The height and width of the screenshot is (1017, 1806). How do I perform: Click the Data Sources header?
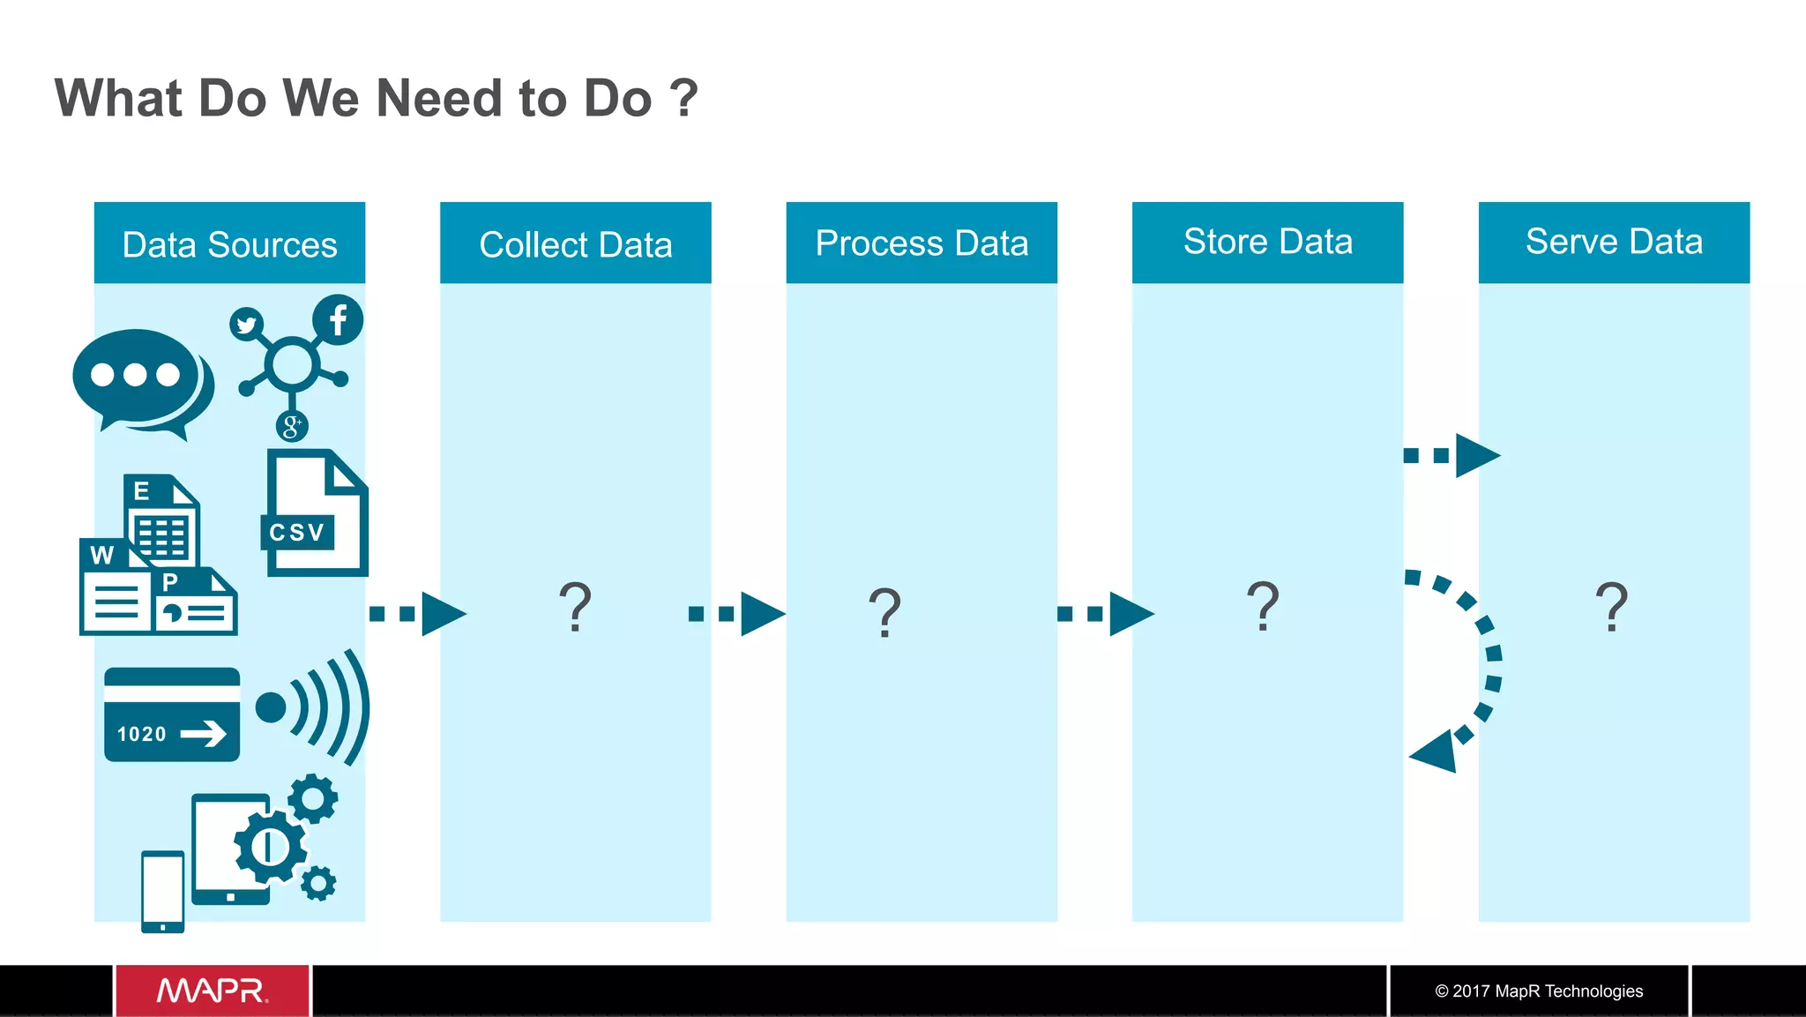[229, 244]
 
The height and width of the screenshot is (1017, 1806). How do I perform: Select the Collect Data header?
[575, 244]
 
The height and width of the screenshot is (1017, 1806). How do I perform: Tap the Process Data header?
[922, 243]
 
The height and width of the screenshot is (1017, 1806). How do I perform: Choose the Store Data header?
[1267, 241]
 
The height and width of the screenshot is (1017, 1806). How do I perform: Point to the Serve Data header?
[1614, 241]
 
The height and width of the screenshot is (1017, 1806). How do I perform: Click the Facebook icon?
[338, 320]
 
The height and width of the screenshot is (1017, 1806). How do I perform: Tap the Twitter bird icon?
[247, 325]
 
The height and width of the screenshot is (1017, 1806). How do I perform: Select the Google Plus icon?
[292, 427]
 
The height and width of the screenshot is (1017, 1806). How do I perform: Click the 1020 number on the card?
[142, 734]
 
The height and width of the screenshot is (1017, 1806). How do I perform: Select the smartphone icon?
[163, 891]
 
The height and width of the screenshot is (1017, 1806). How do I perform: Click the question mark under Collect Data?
[575, 607]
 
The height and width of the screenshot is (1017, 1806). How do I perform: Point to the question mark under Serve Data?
[1611, 607]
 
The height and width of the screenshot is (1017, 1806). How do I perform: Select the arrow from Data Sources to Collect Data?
[417, 614]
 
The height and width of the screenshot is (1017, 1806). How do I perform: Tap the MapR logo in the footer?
[213, 991]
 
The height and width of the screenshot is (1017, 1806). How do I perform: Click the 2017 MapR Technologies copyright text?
[1539, 991]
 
